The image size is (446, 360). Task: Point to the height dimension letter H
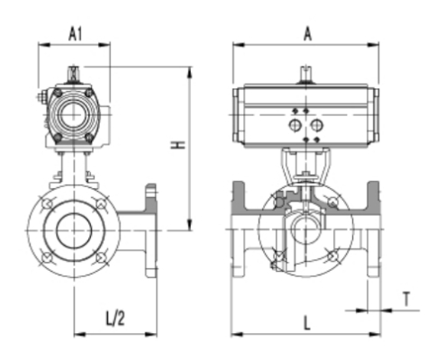point(179,144)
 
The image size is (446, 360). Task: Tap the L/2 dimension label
point(114,318)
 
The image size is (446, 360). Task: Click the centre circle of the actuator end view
point(73,114)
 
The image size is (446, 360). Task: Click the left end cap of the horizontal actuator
point(238,117)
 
